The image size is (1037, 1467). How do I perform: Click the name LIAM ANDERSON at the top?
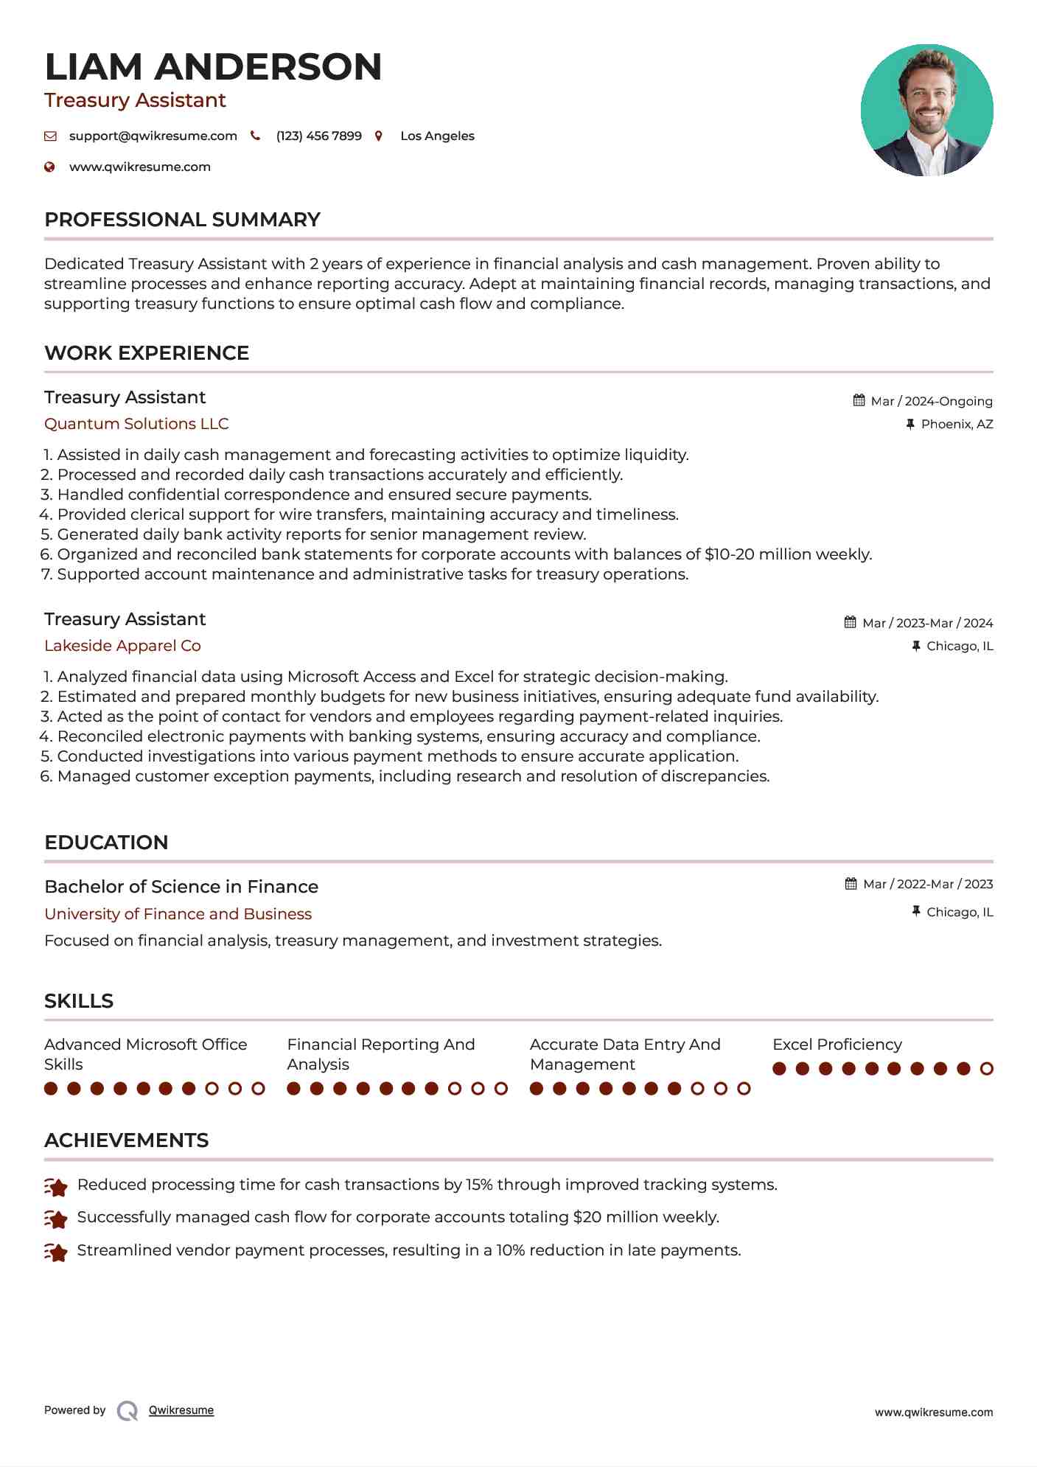pos(213,67)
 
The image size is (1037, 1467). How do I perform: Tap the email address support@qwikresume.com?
pos(153,136)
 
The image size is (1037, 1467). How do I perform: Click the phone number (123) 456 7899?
pos(318,136)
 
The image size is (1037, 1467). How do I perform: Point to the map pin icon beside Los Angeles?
pos(379,136)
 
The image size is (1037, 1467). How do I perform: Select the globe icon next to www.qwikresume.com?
pos(50,167)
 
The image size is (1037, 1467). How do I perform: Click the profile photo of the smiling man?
pos(926,111)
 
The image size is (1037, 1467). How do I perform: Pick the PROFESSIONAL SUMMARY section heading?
pos(182,220)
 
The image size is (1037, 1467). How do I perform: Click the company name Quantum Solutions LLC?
pos(136,424)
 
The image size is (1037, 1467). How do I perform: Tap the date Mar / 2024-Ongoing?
pos(931,402)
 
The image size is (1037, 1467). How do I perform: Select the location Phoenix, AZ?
pos(957,425)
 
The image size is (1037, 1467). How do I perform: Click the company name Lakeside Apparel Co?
pos(122,646)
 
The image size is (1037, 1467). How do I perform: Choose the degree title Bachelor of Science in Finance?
pos(181,887)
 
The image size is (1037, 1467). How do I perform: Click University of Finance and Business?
pos(178,914)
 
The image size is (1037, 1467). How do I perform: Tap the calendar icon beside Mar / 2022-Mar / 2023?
pos(851,884)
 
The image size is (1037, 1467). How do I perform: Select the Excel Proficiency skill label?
pos(837,1045)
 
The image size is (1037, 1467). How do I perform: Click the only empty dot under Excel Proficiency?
pos(986,1069)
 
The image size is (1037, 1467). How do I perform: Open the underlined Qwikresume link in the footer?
pos(181,1410)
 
